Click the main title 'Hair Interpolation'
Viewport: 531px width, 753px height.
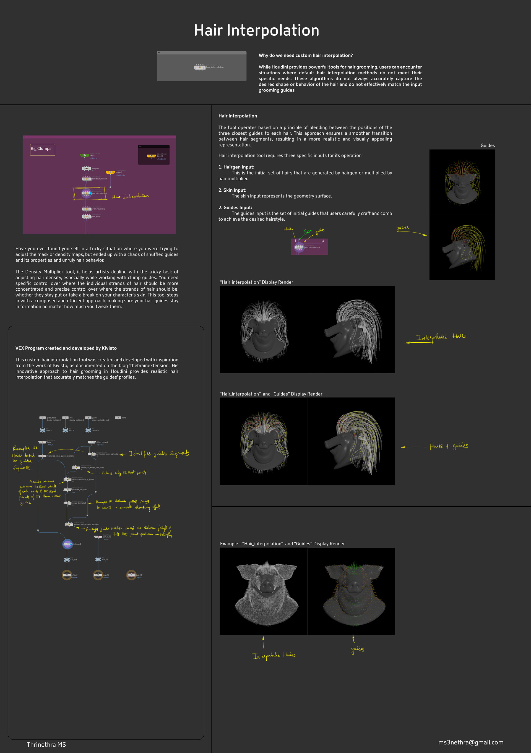(x=256, y=30)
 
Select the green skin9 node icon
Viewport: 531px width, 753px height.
(x=85, y=155)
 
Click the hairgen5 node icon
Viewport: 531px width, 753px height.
(x=86, y=168)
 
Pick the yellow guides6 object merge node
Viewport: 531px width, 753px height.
(x=110, y=172)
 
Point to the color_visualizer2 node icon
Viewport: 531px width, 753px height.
(x=86, y=209)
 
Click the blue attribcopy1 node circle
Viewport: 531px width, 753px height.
(x=67, y=544)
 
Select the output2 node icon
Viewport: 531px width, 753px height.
(x=131, y=575)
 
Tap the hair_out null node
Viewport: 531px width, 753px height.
(x=67, y=559)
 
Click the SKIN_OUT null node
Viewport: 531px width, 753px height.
(x=98, y=559)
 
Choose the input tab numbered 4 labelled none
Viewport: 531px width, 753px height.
(x=118, y=418)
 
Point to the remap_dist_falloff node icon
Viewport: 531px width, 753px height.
(x=67, y=503)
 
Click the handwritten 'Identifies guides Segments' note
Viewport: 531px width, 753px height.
(x=159, y=454)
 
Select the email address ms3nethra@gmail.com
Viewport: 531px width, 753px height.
(x=470, y=742)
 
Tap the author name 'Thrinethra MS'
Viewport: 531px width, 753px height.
(x=46, y=744)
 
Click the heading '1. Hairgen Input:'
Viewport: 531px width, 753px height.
(x=236, y=167)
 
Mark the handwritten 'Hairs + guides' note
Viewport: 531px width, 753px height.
(x=448, y=446)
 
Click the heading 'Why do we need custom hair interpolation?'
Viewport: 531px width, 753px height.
(x=305, y=55)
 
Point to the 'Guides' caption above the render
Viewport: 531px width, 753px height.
(x=487, y=145)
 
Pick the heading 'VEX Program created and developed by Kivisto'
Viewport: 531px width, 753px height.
(x=66, y=348)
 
